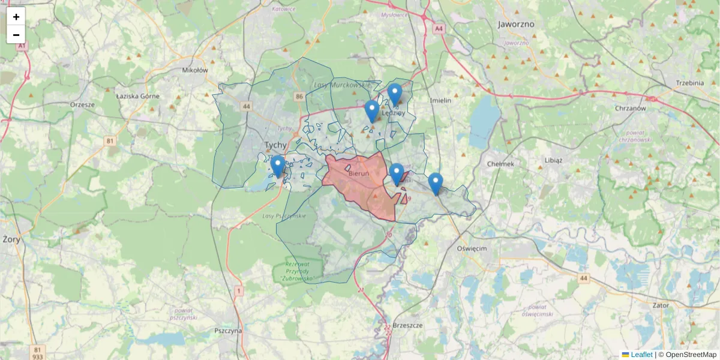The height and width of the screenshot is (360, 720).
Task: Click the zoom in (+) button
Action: click(x=16, y=17)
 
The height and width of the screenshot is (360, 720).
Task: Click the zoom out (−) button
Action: click(x=16, y=35)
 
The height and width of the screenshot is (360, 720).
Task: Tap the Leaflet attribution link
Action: click(x=641, y=355)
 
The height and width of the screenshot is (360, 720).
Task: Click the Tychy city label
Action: click(x=275, y=145)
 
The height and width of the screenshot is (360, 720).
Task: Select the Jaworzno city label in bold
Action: click(x=516, y=25)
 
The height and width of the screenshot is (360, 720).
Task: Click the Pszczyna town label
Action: click(x=228, y=331)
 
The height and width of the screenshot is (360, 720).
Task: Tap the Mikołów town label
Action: click(x=194, y=70)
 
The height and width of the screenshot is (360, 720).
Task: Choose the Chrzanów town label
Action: click(x=630, y=109)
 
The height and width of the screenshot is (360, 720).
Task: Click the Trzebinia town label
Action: click(x=689, y=83)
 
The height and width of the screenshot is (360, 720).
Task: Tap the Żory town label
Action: click(x=11, y=239)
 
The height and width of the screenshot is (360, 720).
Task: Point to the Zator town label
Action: click(x=660, y=305)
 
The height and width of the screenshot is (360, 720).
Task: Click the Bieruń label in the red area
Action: click(x=358, y=173)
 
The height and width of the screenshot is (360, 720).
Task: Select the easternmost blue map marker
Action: click(x=436, y=184)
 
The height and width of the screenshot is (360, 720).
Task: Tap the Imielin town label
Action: click(x=440, y=100)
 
